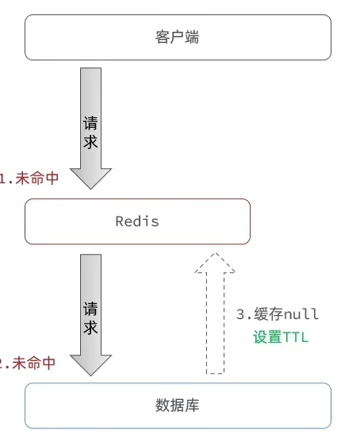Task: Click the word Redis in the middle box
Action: [x=137, y=221]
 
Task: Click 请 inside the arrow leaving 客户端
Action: [x=91, y=124]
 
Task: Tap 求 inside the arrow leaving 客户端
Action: [x=91, y=143]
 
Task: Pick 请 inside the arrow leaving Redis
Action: [x=91, y=309]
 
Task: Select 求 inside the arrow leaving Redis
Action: [x=91, y=328]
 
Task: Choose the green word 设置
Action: [x=267, y=337]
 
